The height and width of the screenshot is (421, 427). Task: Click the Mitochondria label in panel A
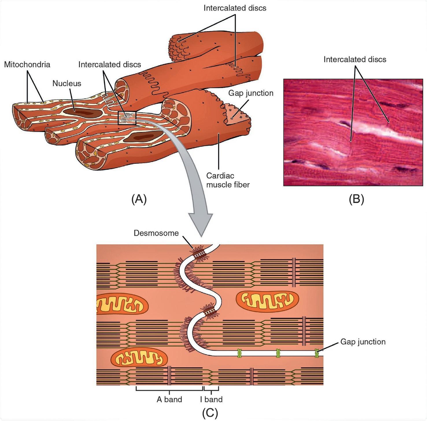(27, 64)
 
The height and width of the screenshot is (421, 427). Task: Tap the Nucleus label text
(67, 83)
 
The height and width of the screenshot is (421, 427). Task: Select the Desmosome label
(156, 233)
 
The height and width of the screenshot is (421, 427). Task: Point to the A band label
(169, 399)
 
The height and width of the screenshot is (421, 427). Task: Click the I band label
(211, 399)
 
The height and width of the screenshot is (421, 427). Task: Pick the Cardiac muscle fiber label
(228, 180)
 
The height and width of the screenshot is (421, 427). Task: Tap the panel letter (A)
(139, 199)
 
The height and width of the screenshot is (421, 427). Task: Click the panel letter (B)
(356, 199)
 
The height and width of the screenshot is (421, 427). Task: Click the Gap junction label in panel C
(363, 342)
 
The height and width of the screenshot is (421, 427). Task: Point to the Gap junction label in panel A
(251, 93)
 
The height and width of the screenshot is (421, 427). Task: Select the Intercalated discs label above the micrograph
(355, 59)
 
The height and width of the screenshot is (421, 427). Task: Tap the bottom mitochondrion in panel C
(139, 359)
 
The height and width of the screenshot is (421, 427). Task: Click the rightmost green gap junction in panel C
(317, 353)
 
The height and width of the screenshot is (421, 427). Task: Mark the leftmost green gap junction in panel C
(239, 353)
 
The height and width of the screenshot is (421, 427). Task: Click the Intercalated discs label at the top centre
(235, 8)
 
